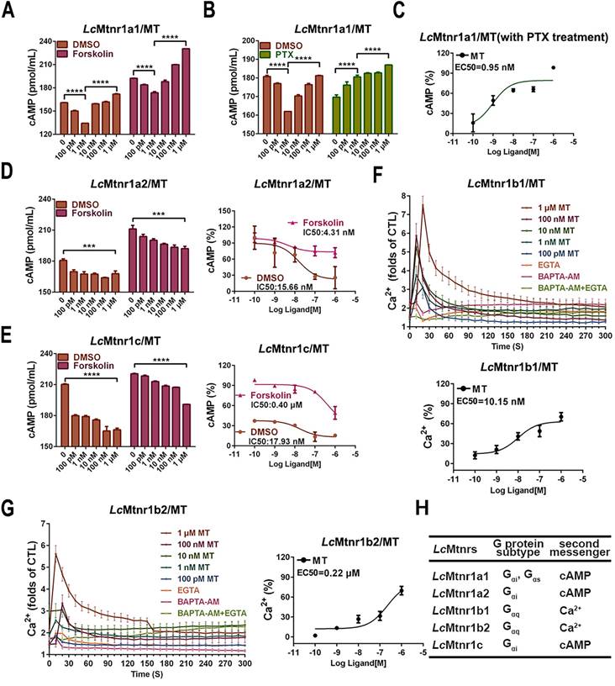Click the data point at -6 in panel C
click(553, 67)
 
